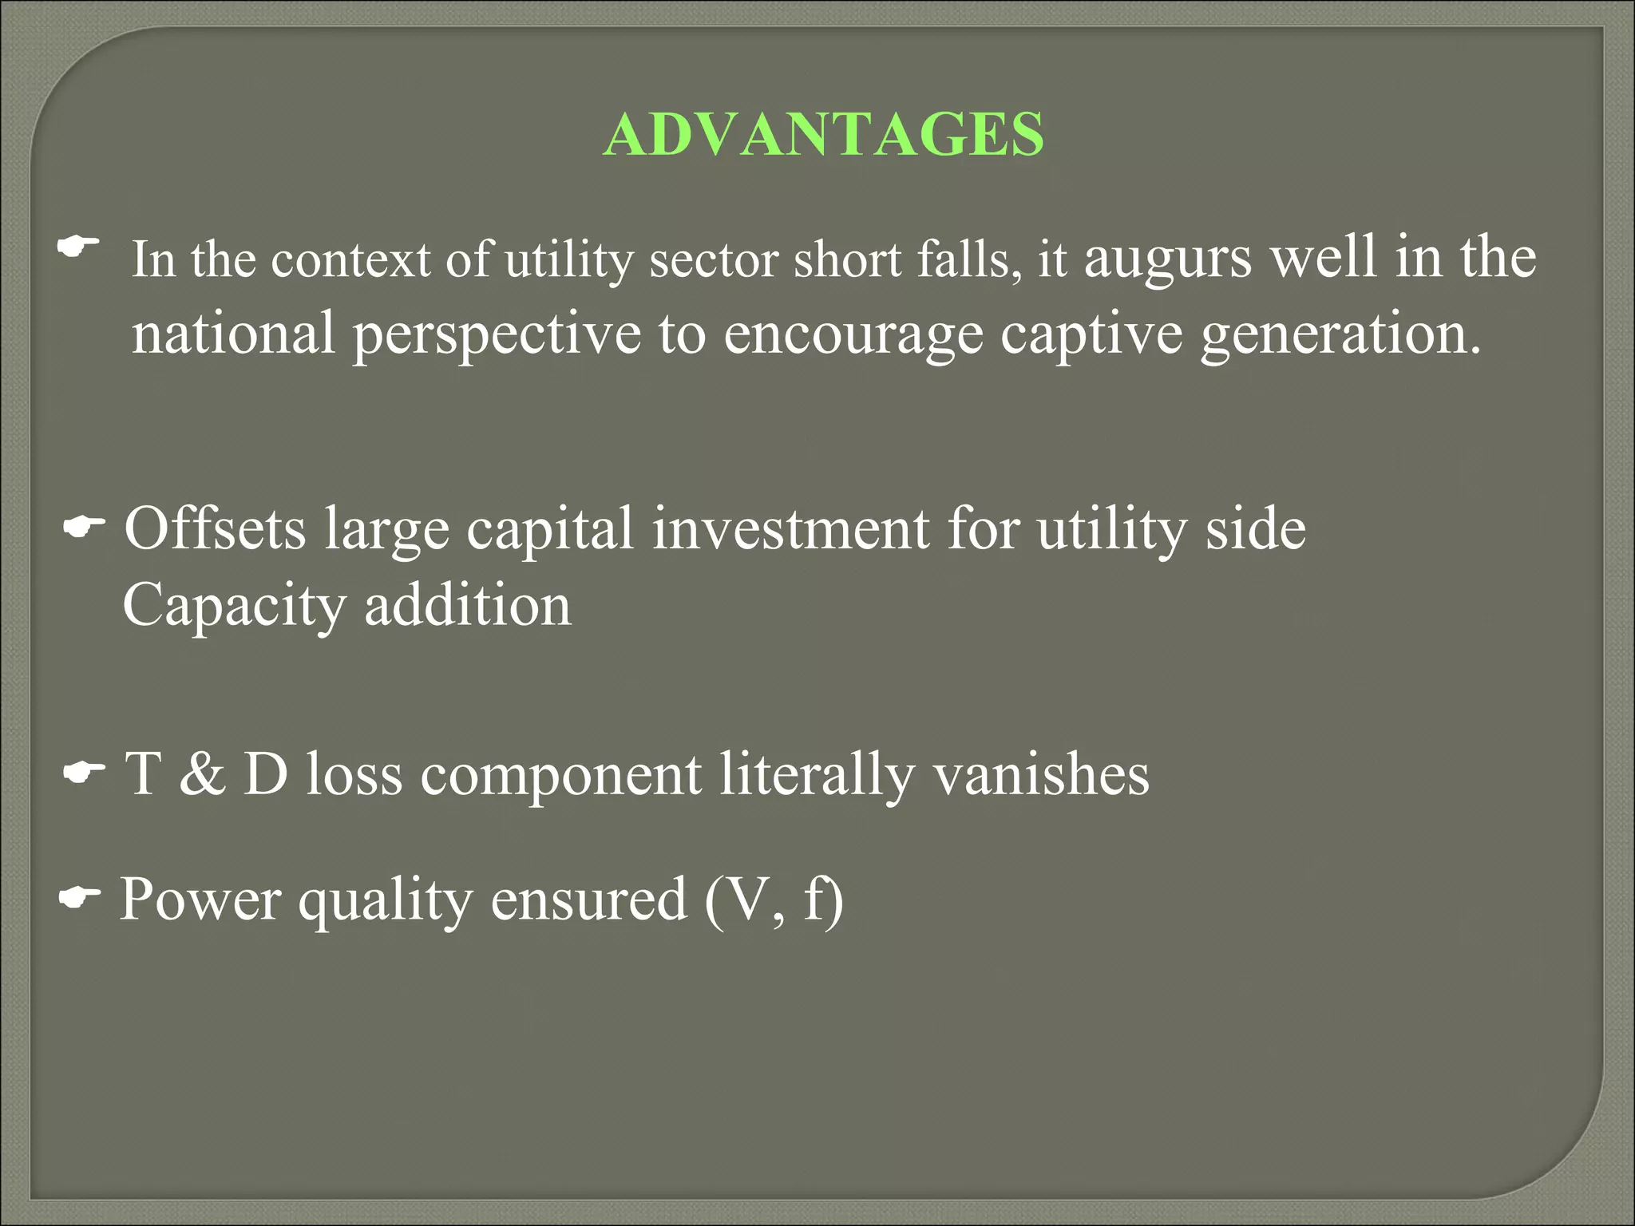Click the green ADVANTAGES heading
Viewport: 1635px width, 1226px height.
pyautogui.click(x=823, y=134)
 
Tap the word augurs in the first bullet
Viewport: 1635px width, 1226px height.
pyautogui.click(x=1167, y=258)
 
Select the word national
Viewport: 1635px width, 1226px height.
pyautogui.click(x=232, y=333)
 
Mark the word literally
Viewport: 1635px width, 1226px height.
pyautogui.click(x=816, y=774)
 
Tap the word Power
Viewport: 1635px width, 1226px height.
pyautogui.click(x=200, y=899)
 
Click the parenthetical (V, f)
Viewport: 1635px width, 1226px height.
pyautogui.click(x=774, y=900)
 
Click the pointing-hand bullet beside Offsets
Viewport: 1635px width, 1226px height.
pyautogui.click(x=84, y=526)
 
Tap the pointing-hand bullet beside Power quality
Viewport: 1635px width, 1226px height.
pyautogui.click(x=80, y=898)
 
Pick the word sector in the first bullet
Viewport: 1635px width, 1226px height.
pyautogui.click(x=714, y=260)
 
